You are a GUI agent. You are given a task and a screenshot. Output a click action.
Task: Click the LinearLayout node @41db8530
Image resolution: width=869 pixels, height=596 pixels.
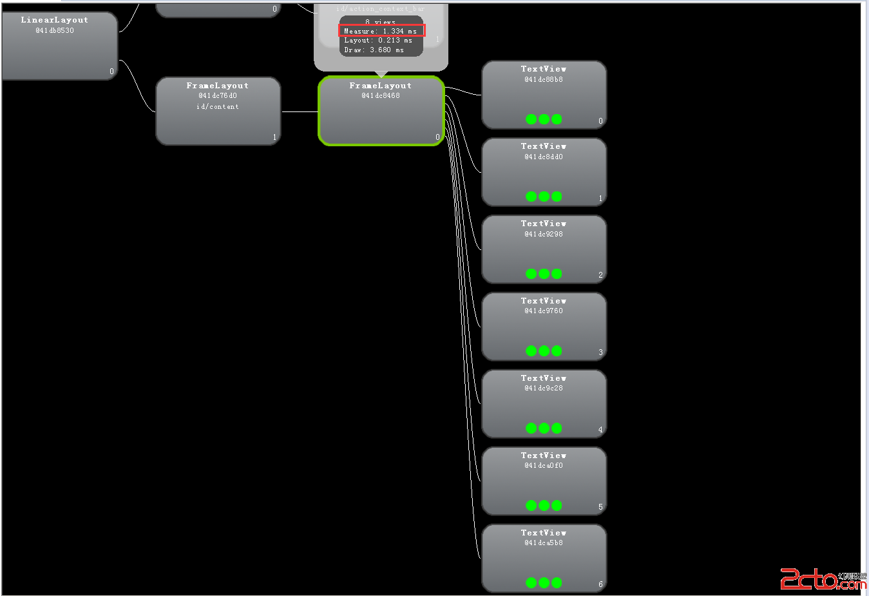pyautogui.click(x=60, y=46)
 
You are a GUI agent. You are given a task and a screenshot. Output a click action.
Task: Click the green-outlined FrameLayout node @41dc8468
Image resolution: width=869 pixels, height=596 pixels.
pyautogui.click(x=381, y=111)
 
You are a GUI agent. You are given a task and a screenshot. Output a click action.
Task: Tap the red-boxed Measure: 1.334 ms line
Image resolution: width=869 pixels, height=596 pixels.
pyautogui.click(x=381, y=31)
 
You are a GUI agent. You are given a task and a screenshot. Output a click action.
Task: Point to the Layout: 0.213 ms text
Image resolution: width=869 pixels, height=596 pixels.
pyautogui.click(x=378, y=41)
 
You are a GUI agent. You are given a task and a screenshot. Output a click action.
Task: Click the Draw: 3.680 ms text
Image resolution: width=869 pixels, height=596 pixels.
pyautogui.click(x=374, y=50)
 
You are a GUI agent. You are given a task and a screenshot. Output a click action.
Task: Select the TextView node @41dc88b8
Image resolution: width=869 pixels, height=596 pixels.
pyautogui.click(x=544, y=95)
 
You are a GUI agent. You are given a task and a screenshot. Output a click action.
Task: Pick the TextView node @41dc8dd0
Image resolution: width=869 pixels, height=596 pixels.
pyautogui.click(x=544, y=172)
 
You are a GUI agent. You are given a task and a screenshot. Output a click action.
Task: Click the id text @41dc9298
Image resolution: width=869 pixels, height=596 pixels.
pyautogui.click(x=544, y=234)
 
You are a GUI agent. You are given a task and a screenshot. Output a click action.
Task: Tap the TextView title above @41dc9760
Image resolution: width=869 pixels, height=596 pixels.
pyautogui.click(x=544, y=301)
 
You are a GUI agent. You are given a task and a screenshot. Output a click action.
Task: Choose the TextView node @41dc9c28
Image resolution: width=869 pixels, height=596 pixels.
pyautogui.click(x=544, y=404)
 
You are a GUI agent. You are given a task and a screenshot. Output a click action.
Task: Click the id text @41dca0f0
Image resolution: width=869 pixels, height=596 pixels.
pyautogui.click(x=544, y=465)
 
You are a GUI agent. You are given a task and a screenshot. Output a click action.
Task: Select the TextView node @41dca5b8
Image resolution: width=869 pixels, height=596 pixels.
pyautogui.click(x=544, y=558)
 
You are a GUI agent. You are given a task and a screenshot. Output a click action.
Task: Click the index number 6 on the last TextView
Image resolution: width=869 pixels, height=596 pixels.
pyautogui.click(x=600, y=584)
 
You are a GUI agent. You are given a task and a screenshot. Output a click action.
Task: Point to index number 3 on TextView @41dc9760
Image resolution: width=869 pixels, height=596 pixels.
pyautogui.click(x=600, y=352)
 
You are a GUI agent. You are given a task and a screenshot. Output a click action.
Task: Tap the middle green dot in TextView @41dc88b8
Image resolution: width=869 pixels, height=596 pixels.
pyautogui.click(x=544, y=119)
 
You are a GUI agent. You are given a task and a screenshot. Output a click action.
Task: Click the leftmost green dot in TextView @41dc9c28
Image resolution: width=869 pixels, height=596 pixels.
pyautogui.click(x=531, y=428)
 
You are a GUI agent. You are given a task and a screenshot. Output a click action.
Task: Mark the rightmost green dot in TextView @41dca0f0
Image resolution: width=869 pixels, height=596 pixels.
pyautogui.click(x=557, y=506)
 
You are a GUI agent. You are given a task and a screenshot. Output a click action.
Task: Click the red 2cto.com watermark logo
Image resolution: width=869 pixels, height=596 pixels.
pyautogui.click(x=822, y=579)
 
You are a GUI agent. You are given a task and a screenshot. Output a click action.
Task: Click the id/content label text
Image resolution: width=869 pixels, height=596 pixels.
pyautogui.click(x=218, y=107)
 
